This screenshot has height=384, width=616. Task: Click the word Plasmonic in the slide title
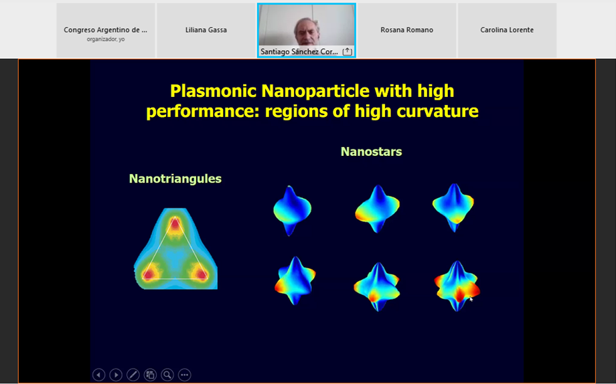[214, 91]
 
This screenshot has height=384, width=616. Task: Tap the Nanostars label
[371, 152]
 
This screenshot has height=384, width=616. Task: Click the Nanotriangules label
[175, 179]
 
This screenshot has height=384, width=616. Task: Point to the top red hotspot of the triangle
[175, 225]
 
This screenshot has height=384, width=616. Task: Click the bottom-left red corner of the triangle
[149, 273]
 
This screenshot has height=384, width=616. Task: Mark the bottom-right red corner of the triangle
[201, 273]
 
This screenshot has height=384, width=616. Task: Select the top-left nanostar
[292, 211]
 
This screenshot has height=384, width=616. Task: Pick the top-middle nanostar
[377, 209]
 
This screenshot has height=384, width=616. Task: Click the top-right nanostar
[453, 207]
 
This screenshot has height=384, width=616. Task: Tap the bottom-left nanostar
[295, 280]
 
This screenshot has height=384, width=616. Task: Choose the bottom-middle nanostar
[377, 286]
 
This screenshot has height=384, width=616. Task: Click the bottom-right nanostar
[457, 286]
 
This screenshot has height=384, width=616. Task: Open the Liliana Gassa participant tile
[206, 30]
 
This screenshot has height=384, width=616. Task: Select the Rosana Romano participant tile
[406, 30]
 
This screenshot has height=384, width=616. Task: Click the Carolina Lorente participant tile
[507, 30]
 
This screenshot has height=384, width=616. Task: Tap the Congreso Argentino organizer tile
[106, 30]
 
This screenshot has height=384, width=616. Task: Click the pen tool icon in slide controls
[133, 375]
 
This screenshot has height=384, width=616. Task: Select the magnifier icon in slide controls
[167, 375]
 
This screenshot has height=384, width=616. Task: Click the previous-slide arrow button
[98, 375]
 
